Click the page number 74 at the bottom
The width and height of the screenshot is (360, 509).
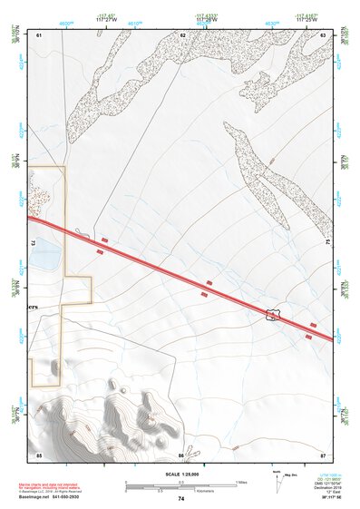pos(180,499)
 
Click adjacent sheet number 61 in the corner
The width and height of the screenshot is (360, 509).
pos(39,34)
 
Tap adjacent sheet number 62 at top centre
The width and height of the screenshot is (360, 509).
pos(182,34)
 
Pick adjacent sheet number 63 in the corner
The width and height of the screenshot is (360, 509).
pos(323,34)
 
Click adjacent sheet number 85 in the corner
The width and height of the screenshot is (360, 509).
pos(39,454)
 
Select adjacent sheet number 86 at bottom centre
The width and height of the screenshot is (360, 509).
pos(181,454)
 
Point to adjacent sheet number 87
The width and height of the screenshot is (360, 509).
pos(323,454)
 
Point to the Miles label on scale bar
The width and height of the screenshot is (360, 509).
pos(242,481)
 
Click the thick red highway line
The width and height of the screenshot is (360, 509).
pos(181,275)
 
